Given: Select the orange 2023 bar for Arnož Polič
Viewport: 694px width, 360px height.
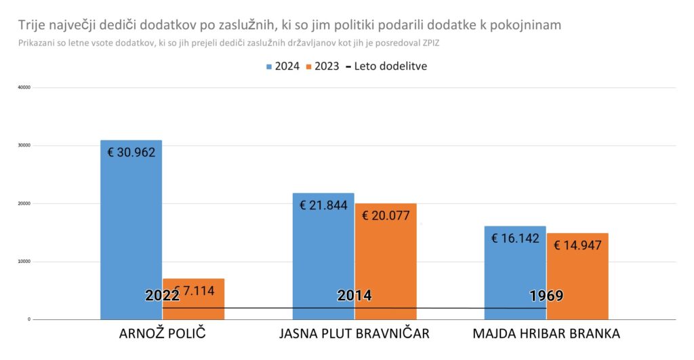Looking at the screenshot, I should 193,305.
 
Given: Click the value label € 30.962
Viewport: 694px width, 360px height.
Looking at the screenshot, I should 131,152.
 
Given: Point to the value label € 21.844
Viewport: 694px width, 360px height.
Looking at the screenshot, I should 323,205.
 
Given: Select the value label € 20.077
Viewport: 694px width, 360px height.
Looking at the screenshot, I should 386,216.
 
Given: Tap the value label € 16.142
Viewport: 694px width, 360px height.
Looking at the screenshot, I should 514,239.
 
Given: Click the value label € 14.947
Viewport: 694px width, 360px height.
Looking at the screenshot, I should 577,245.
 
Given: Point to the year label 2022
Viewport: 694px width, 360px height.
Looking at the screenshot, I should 162,296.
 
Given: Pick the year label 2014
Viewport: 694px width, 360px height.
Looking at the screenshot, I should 354,296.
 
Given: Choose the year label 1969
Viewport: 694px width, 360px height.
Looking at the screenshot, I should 546,296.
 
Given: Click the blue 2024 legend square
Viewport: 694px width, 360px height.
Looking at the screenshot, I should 269,66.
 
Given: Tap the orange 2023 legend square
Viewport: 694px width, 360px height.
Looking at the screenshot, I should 309,66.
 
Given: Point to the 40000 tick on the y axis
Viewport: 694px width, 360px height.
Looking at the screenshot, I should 22,87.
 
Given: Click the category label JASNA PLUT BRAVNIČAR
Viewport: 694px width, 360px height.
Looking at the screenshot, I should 354,334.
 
